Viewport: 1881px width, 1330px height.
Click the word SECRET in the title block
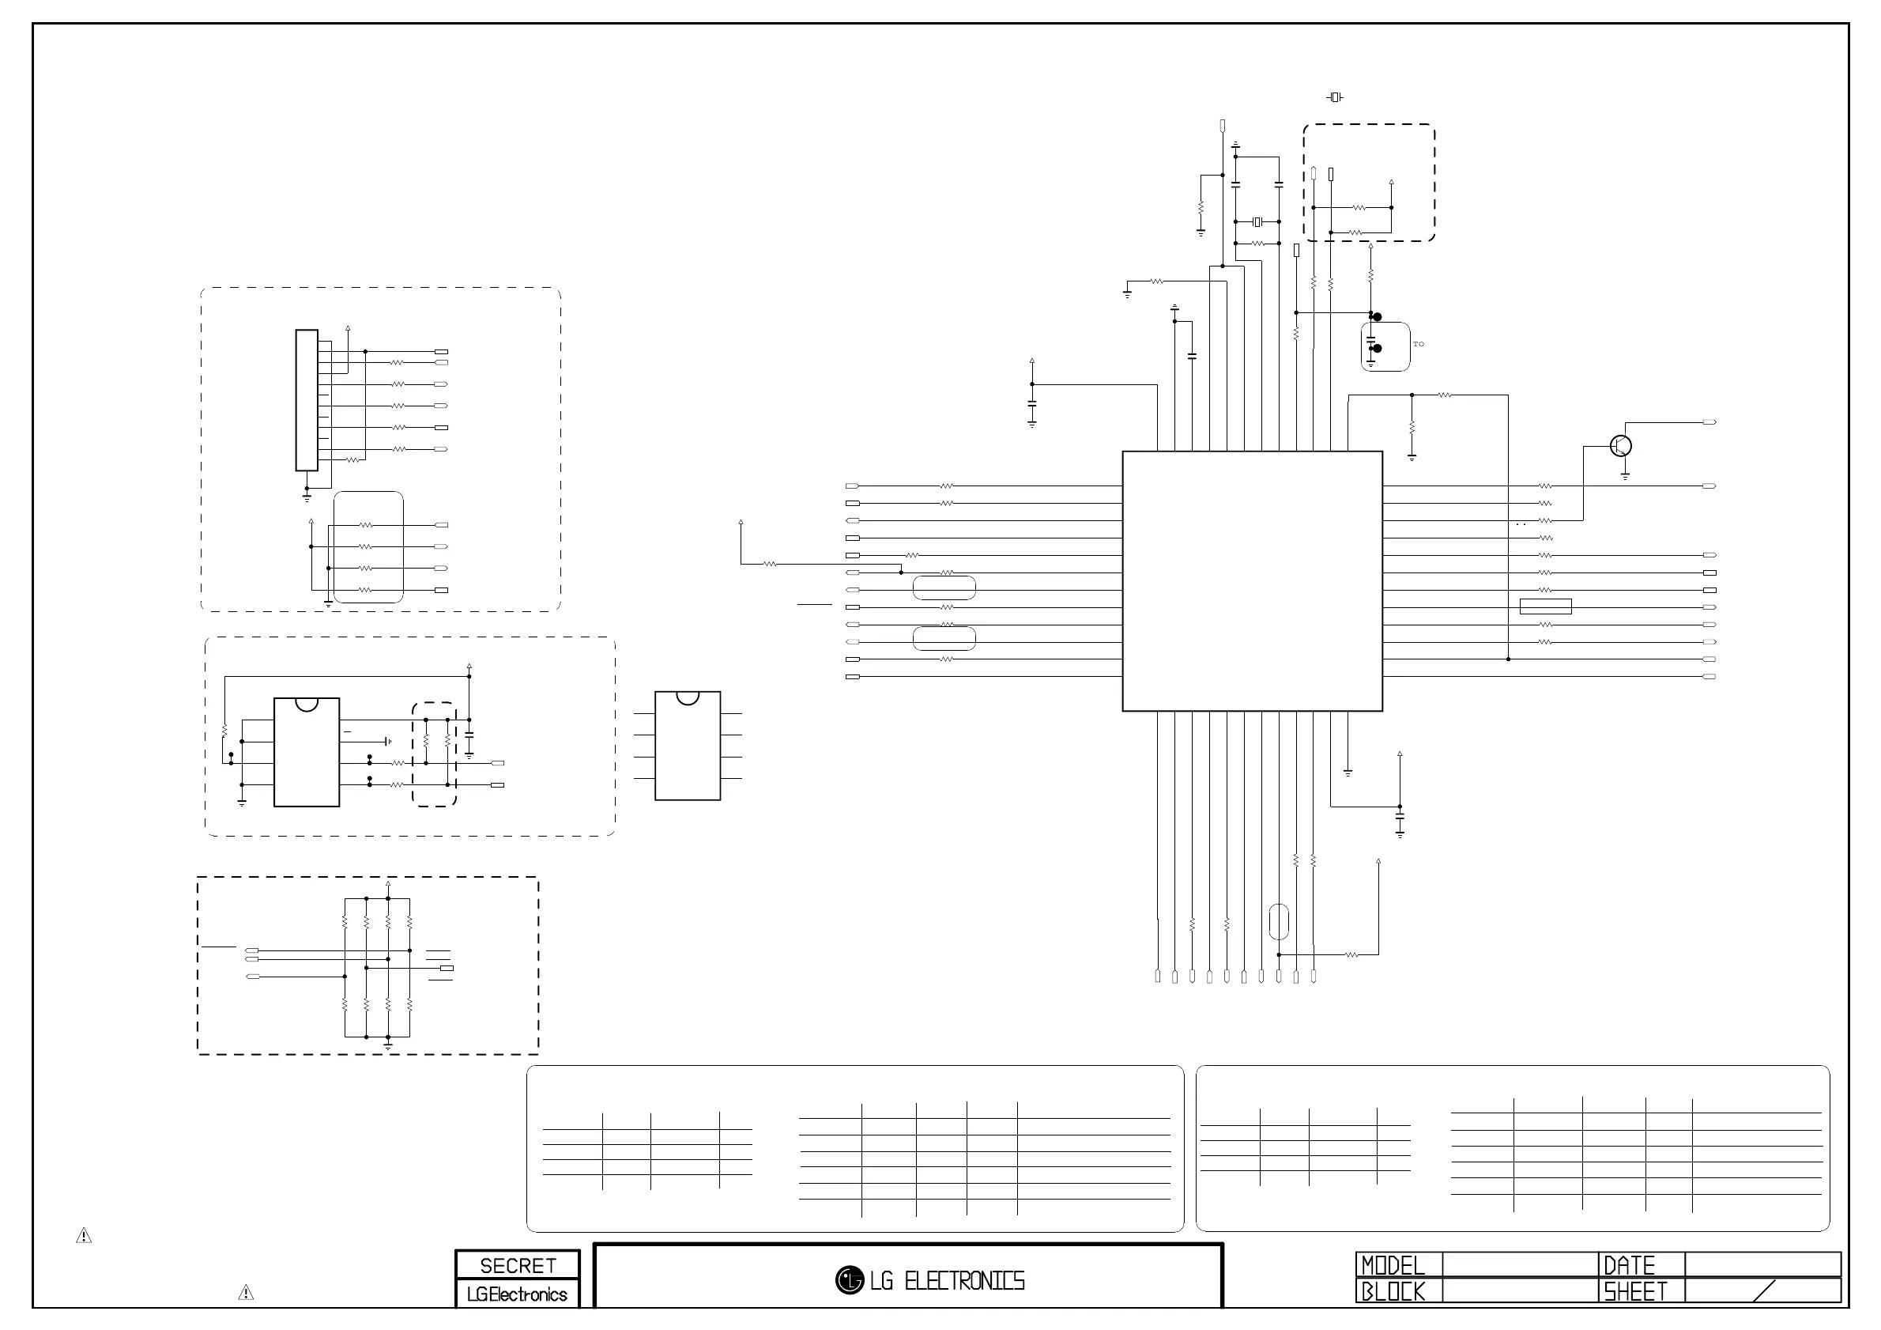tap(518, 1265)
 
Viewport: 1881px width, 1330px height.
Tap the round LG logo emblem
tap(850, 1280)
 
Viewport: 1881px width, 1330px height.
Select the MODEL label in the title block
tap(1393, 1265)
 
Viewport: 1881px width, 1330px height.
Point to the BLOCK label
tap(1393, 1291)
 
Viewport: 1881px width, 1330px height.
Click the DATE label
tap(1629, 1265)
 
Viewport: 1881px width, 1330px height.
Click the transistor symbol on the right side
tap(1620, 446)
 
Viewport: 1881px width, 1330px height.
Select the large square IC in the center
tap(1252, 581)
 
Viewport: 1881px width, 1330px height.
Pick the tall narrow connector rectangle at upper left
tap(307, 400)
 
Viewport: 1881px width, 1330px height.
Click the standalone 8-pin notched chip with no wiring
tap(688, 746)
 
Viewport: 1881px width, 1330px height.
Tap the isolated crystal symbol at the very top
tap(1335, 97)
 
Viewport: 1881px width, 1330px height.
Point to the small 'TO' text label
tap(1418, 344)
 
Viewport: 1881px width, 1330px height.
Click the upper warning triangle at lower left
tap(84, 1235)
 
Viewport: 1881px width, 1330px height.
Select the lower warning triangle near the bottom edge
tap(245, 1292)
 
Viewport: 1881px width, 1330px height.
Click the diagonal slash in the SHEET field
tap(1763, 1290)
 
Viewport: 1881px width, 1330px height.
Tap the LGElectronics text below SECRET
tap(517, 1294)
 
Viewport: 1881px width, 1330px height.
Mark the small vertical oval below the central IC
tap(1278, 922)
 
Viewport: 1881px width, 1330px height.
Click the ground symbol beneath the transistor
tap(1626, 475)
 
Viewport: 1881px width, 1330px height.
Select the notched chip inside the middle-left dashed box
tap(307, 752)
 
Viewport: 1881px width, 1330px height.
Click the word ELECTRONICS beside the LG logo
tap(964, 1281)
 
